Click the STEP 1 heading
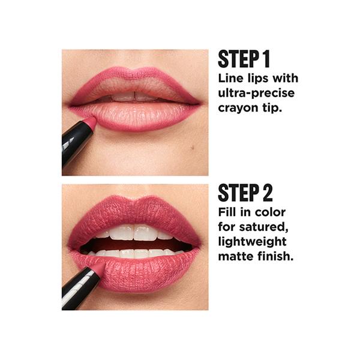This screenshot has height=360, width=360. tap(244, 59)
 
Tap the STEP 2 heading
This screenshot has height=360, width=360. tap(245, 193)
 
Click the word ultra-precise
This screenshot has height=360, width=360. tap(256, 93)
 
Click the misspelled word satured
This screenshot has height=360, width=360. tap(263, 227)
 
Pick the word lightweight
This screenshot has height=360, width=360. tap(253, 242)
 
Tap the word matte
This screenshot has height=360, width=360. tap(236, 256)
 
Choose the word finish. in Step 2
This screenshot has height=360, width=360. tap(275, 256)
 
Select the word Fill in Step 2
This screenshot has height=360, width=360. tap(226, 212)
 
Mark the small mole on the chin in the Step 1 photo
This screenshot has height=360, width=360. tap(193, 148)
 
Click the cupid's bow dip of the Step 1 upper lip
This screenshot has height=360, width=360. tap(134, 71)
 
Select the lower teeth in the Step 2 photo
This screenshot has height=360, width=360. tap(136, 253)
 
